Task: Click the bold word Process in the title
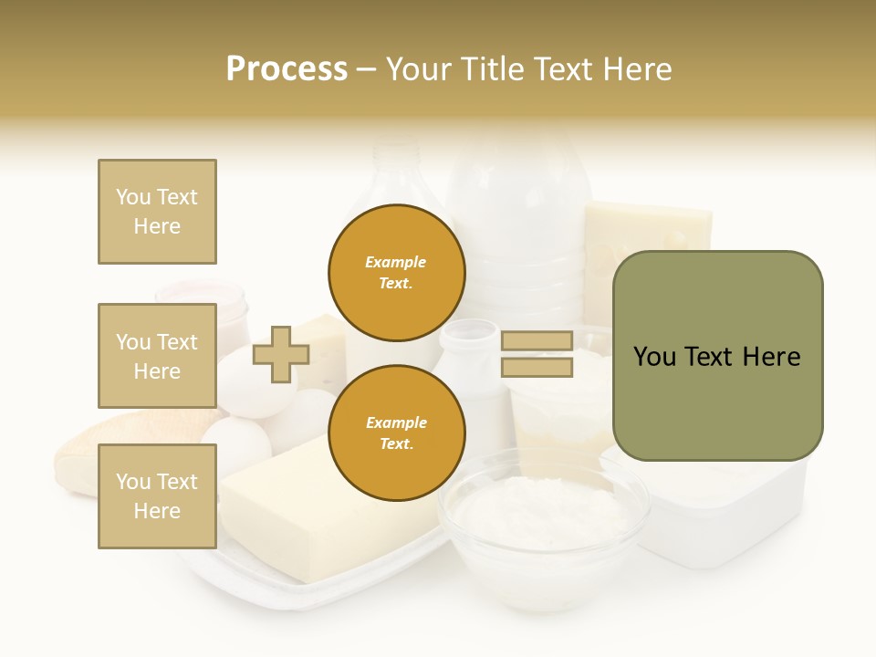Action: click(287, 69)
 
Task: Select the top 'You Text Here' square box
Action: click(157, 212)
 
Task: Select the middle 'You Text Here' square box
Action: click(157, 356)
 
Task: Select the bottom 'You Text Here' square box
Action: click(157, 495)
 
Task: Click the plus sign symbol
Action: click(281, 354)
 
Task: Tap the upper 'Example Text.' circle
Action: click(396, 272)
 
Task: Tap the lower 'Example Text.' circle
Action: click(396, 433)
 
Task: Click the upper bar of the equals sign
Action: click(537, 340)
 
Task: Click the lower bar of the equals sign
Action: click(537, 368)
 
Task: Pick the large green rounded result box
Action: click(717, 356)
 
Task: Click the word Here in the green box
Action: click(771, 357)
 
